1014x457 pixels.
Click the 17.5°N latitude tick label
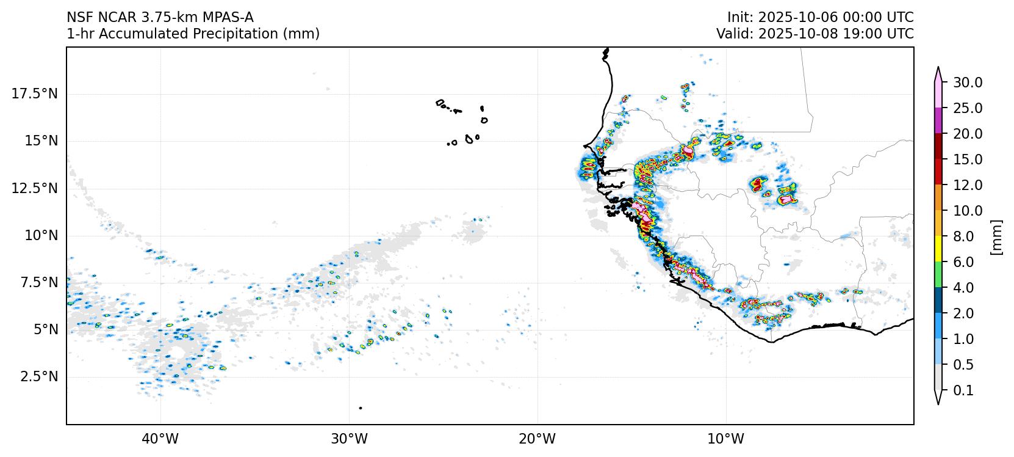click(x=34, y=93)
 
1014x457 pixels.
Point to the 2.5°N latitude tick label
click(x=38, y=376)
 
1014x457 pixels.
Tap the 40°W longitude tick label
click(x=161, y=439)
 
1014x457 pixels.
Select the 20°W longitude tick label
click(x=538, y=439)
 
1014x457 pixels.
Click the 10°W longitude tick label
click(x=727, y=439)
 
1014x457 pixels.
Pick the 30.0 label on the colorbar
click(x=968, y=82)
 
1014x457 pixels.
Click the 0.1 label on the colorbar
click(x=963, y=390)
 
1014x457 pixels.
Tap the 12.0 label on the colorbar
click(x=968, y=185)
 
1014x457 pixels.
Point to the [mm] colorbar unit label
click(x=996, y=236)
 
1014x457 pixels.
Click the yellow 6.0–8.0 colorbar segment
click(x=938, y=249)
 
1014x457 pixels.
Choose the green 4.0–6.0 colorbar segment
click(x=938, y=275)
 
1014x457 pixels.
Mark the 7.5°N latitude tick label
click(x=38, y=282)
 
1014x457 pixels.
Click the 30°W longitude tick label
click(x=350, y=439)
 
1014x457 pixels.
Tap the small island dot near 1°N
click(x=361, y=408)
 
